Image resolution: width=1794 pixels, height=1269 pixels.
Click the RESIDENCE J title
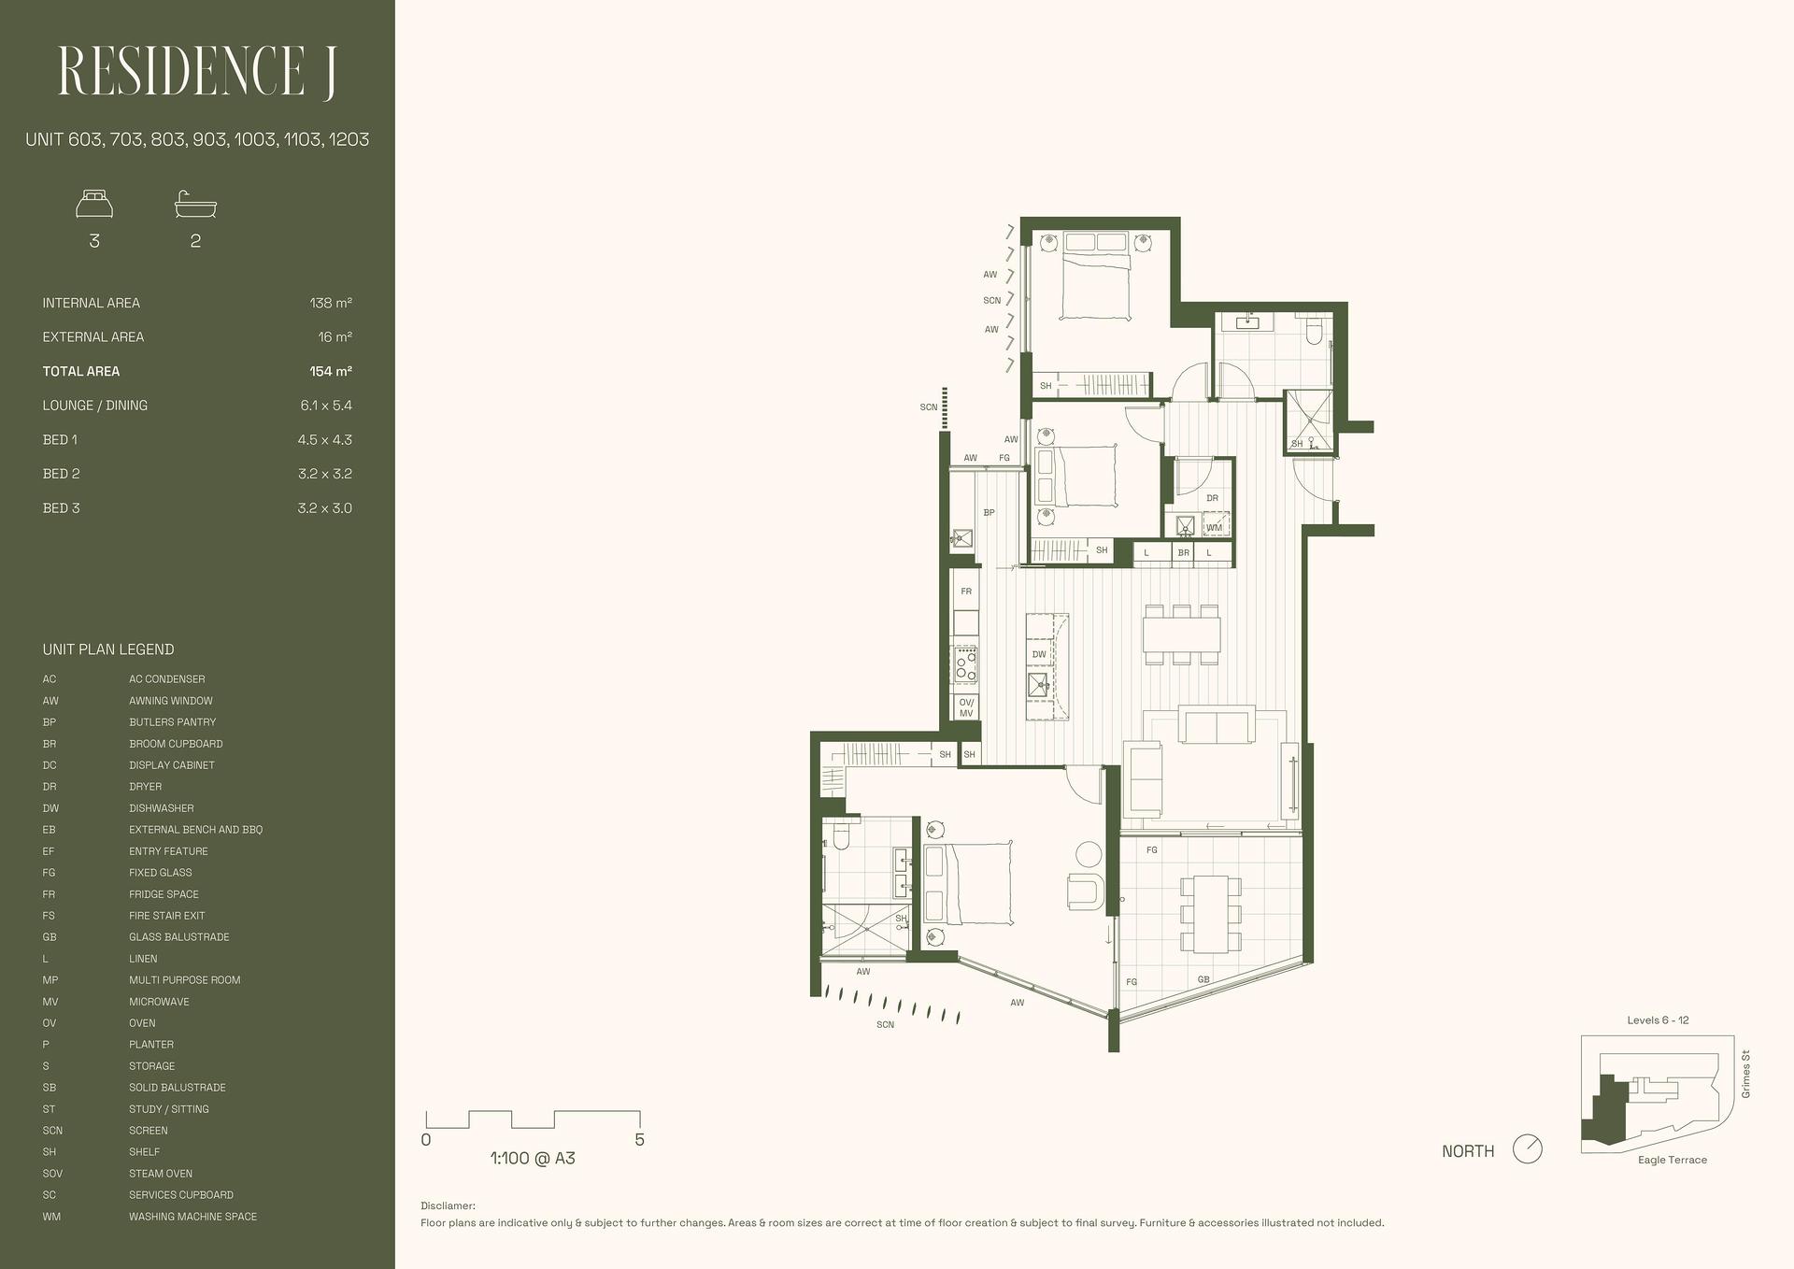197,72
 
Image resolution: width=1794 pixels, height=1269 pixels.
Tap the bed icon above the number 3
94,204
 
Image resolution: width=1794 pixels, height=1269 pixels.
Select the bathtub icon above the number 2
195,204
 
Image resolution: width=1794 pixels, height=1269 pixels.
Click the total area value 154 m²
331,371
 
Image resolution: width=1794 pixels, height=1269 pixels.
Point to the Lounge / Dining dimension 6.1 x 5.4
326,406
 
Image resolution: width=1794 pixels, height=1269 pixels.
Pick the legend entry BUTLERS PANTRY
172,722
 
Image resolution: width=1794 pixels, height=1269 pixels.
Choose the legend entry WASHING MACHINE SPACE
192,1217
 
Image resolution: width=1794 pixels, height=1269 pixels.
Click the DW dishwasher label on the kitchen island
1039,654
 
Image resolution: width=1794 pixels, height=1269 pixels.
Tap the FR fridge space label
966,592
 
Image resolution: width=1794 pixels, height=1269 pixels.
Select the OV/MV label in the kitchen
966,707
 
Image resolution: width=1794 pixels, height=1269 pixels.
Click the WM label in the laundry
1214,528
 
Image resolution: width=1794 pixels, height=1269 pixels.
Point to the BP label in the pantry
989,512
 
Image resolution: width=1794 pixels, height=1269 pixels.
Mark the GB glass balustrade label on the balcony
1203,979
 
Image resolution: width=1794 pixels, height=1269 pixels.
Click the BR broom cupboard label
1184,553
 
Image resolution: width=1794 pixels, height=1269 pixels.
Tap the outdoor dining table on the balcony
1210,913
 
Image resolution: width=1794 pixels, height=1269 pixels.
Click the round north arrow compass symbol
1528,1148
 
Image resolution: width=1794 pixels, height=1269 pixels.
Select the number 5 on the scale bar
639,1140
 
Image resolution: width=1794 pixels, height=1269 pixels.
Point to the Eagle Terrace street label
1673,1160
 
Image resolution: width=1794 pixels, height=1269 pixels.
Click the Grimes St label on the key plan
1745,1074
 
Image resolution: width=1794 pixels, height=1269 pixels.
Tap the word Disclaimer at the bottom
448,1206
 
